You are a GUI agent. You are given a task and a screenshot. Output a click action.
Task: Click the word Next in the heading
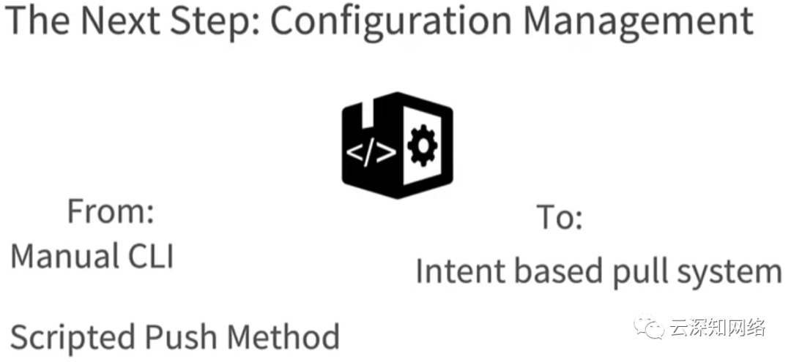point(116,22)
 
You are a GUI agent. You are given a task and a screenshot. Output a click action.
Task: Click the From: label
point(111,212)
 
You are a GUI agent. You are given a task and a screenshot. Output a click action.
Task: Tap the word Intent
point(460,271)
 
